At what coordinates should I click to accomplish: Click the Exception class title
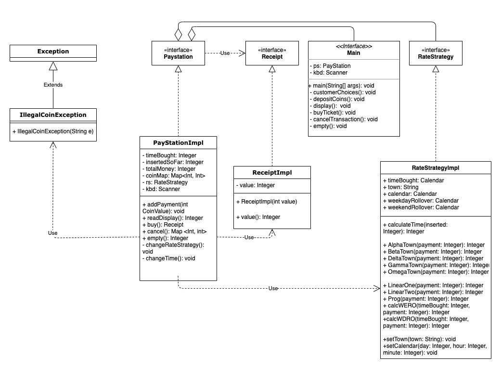[x=53, y=51]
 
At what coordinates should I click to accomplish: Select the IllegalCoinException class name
[x=53, y=115]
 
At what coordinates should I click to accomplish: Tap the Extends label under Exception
[x=53, y=85]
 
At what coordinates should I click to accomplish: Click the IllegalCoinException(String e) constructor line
[x=53, y=131]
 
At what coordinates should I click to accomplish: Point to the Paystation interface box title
[x=179, y=57]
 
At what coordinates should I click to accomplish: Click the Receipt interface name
[x=272, y=57]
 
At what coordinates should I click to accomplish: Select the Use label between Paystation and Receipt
[x=225, y=53]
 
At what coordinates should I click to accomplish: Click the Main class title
[x=353, y=53]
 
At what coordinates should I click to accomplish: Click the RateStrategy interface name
[x=436, y=57]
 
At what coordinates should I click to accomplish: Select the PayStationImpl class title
[x=178, y=142]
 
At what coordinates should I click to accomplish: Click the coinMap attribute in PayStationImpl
[x=174, y=176]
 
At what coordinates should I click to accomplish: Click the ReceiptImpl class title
[x=272, y=172]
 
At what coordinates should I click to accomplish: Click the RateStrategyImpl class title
[x=436, y=167]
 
